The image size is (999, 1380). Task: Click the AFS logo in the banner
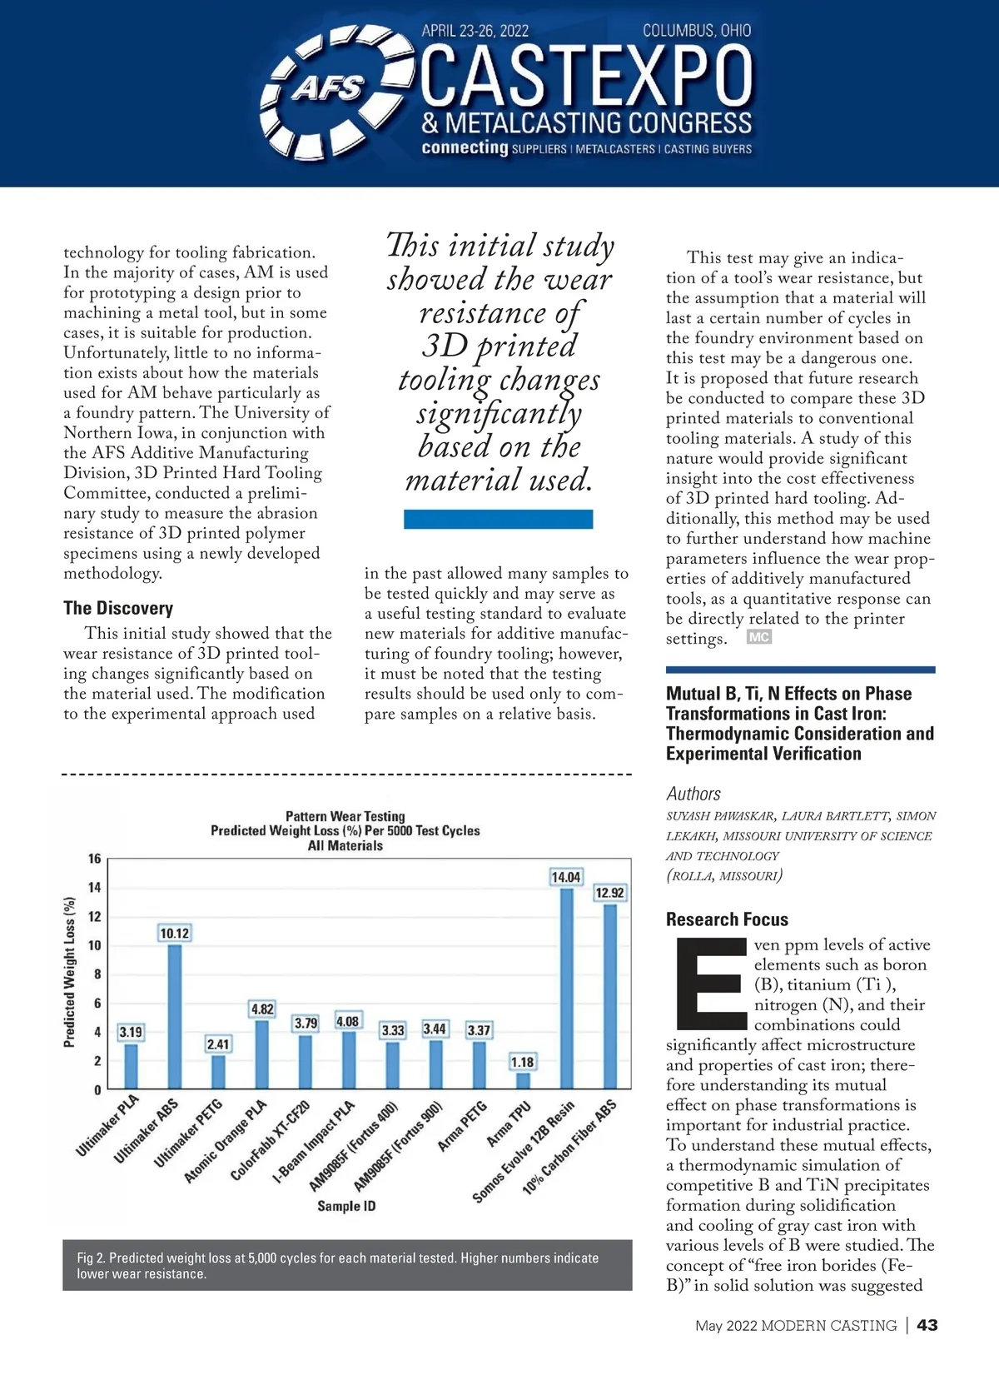tap(327, 88)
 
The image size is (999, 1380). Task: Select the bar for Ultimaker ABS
tap(175, 1016)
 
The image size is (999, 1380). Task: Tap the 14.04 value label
tap(566, 877)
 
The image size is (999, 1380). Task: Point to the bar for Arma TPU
tap(523, 1080)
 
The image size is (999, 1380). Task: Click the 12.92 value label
tap(609, 893)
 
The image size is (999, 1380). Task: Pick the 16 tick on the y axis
tap(95, 859)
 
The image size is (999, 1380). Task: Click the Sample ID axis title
tap(346, 1205)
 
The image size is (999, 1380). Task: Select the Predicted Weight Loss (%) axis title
tap(70, 972)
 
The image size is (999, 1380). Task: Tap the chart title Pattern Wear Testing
tap(345, 816)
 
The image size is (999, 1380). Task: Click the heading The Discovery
tap(118, 608)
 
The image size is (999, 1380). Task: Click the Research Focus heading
tap(727, 919)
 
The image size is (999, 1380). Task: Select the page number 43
tap(927, 1325)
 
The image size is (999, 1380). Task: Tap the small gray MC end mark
tap(758, 637)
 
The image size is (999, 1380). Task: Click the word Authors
tap(693, 794)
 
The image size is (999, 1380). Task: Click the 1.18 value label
tap(523, 1062)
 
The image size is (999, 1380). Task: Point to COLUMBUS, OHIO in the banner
tap(697, 31)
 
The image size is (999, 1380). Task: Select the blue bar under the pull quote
tap(498, 519)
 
